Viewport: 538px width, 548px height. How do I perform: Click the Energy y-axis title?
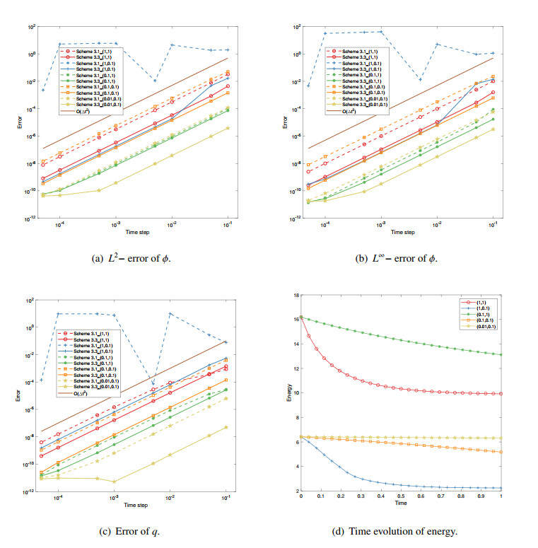tap(288, 392)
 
